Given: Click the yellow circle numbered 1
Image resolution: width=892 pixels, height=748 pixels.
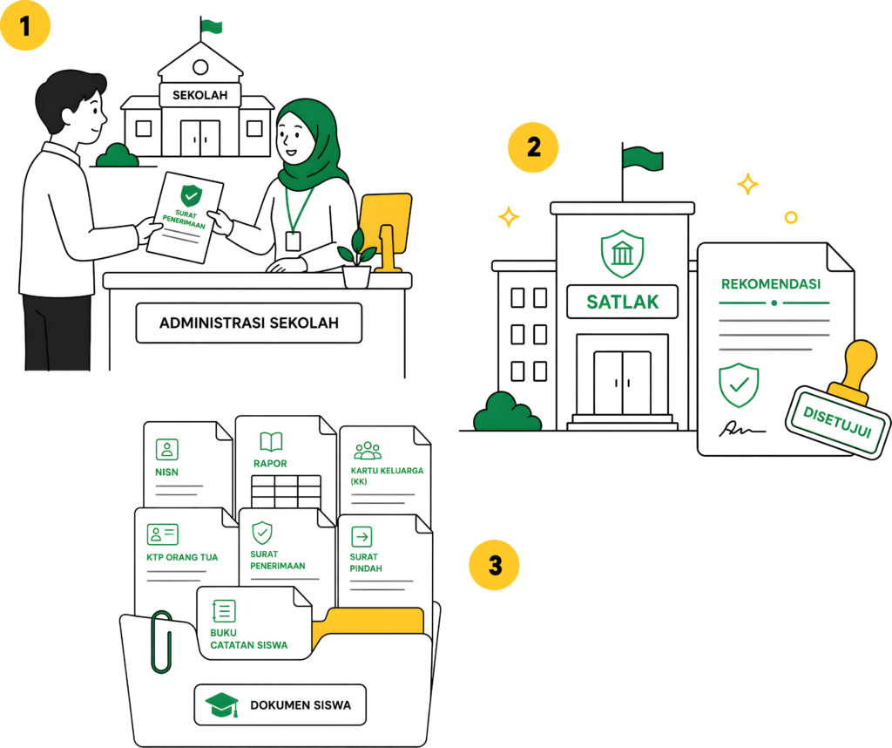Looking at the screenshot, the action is [x=25, y=25].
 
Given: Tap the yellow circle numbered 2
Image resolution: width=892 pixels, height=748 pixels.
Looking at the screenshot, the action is [x=533, y=147].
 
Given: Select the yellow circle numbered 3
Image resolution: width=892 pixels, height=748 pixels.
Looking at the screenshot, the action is [x=495, y=565].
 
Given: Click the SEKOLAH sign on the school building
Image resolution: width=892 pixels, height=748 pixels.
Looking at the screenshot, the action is [x=199, y=95].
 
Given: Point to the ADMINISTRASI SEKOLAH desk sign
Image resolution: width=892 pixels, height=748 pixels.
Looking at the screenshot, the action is [x=248, y=323].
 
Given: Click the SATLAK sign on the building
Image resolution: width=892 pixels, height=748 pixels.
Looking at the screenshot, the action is [x=622, y=302].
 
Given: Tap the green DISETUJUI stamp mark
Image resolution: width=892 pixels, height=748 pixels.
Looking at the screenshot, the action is [x=837, y=422].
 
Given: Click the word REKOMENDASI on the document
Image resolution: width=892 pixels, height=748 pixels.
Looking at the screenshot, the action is [x=771, y=283].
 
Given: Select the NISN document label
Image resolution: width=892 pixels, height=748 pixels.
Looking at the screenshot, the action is [x=166, y=472].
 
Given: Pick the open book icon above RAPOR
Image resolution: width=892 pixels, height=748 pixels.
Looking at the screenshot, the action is [x=271, y=441].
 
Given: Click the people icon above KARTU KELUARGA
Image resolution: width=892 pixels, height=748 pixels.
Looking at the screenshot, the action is [x=368, y=450].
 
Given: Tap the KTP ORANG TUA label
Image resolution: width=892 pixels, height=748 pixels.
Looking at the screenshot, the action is [x=182, y=557].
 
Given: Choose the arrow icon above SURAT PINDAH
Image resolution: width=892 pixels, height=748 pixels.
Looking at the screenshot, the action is [x=362, y=536].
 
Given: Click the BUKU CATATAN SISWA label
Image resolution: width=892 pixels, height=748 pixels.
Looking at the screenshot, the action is [x=248, y=639].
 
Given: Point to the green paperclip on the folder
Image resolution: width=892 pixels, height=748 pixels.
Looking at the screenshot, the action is [x=161, y=643].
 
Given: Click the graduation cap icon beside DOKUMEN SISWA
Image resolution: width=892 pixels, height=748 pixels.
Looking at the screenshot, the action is [x=222, y=704].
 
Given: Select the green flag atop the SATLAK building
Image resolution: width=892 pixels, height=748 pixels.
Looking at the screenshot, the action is [x=642, y=158].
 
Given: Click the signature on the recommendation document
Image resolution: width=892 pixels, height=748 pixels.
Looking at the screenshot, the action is [x=742, y=429].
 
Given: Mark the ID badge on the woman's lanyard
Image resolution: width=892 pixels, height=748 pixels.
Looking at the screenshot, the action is [x=293, y=241].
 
